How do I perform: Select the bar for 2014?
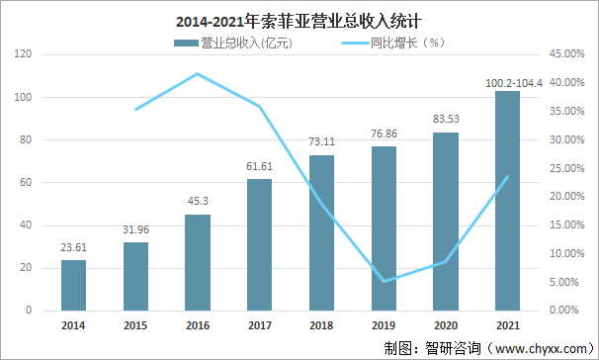(73, 286)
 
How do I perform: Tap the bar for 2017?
(259, 245)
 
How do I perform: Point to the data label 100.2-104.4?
(508, 80)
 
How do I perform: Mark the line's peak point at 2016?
(198, 74)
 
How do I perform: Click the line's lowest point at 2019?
(384, 282)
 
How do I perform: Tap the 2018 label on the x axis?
(321, 324)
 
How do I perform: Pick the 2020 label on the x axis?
(446, 324)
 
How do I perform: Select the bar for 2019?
(384, 228)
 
